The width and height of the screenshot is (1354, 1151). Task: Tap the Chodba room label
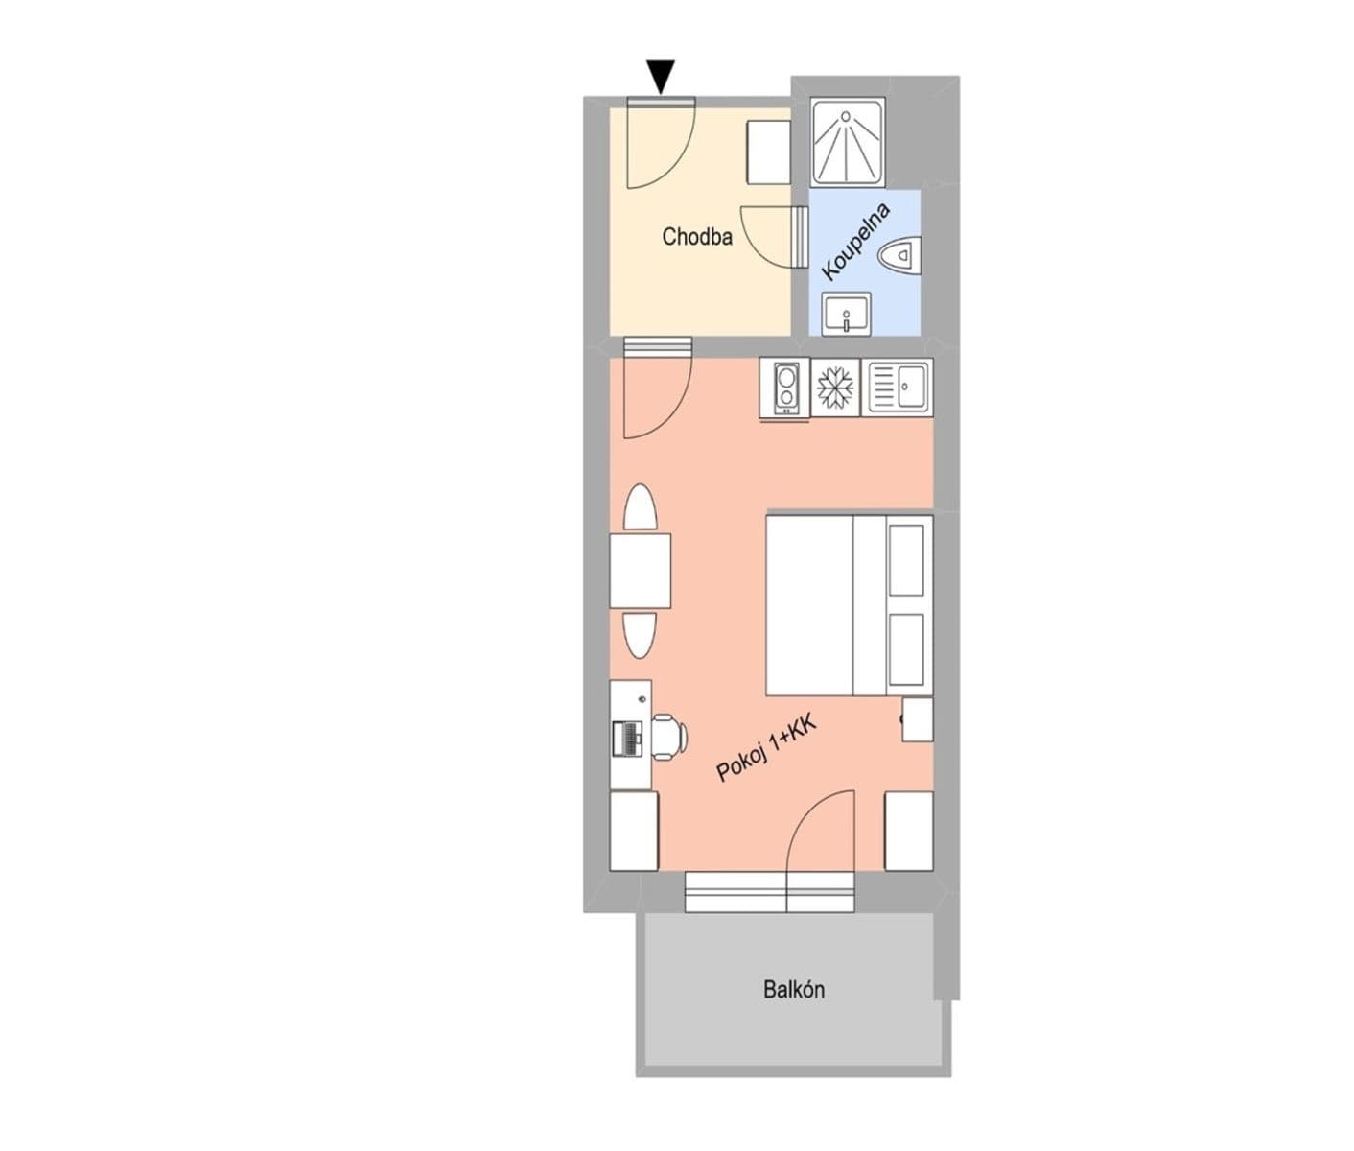[697, 237]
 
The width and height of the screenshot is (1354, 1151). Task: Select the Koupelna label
[856, 241]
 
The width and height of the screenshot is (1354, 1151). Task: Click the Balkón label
[794, 989]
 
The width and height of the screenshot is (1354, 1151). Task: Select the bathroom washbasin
[846, 314]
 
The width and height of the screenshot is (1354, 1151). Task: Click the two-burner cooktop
[785, 388]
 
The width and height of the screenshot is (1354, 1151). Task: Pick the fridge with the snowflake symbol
[836, 388]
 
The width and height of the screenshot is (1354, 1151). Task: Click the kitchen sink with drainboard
[898, 388]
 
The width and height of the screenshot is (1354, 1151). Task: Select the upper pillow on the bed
[906, 559]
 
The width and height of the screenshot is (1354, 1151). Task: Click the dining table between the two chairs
[641, 571]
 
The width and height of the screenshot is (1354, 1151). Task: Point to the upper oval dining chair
[640, 509]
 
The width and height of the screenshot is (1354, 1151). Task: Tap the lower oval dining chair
[640, 633]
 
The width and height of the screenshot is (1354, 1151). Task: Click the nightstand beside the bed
[918, 718]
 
